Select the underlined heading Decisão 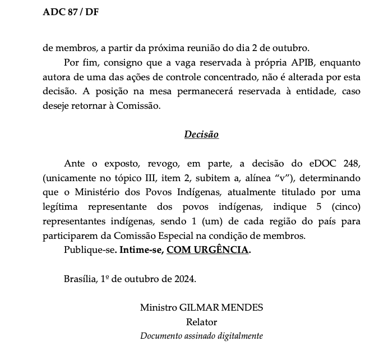point(201,135)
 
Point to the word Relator point(201,322)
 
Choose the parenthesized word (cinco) point(344,206)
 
